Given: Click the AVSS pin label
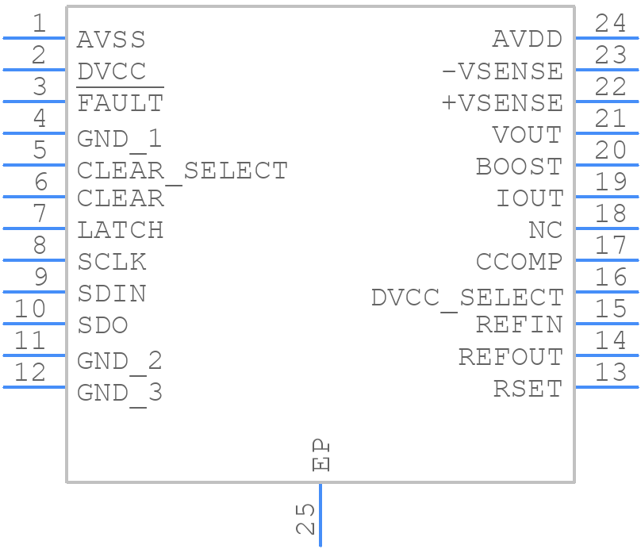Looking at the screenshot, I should coord(111,39).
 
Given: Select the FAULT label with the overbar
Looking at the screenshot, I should coord(120,103).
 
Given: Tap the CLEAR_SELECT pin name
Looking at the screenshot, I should coord(182,171).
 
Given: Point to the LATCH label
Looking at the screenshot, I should coord(120,230).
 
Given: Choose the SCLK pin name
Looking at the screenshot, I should coord(111,262).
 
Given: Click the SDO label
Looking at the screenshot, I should coord(102,325).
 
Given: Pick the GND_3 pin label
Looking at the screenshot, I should coord(120,392).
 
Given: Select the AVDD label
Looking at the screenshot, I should coord(528,39).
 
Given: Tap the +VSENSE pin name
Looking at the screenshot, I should coord(502,103).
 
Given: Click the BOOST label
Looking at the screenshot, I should coord(519,167).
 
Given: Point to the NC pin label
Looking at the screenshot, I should coord(545,230).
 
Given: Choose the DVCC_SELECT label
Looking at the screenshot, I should coord(467,298).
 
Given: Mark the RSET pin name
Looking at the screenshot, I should coord(528,389).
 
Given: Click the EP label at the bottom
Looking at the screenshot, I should coord(321,455).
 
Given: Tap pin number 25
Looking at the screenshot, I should coord(305,519).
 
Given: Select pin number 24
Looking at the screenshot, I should coord(610,23).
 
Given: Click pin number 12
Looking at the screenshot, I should coord(30,372).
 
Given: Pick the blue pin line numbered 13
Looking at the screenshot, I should coord(607,386).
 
